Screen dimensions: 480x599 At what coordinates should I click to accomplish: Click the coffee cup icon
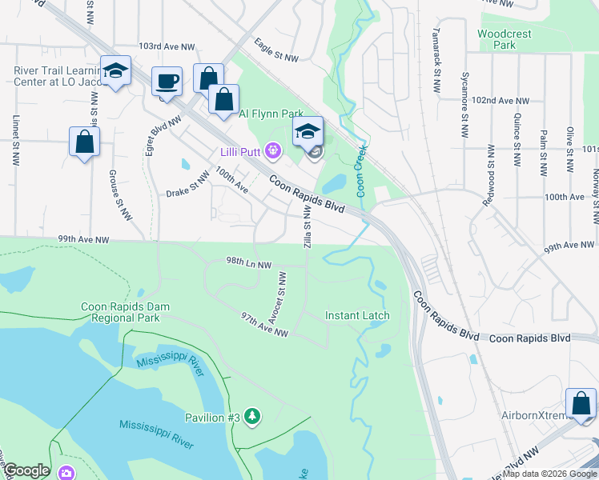pos(167,82)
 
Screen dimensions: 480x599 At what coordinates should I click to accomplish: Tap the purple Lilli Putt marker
pos(274,149)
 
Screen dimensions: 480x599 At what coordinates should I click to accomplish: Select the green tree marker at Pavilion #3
pos(253,415)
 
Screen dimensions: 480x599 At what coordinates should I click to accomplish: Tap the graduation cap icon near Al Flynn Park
pos(307,132)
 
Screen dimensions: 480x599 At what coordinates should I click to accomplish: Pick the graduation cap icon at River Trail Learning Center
pos(115,71)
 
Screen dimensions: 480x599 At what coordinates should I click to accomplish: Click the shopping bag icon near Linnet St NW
pos(84,142)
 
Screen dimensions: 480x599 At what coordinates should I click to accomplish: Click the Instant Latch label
pos(357,315)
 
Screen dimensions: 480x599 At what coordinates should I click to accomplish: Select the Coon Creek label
pos(361,170)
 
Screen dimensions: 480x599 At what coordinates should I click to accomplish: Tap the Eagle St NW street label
pos(275,50)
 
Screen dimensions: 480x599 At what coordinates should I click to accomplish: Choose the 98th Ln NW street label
pos(248,264)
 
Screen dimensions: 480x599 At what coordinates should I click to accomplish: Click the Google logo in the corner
pos(26,470)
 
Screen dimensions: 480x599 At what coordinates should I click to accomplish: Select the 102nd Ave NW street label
pos(501,102)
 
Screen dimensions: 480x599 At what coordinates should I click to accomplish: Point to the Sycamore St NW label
pos(464,105)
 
